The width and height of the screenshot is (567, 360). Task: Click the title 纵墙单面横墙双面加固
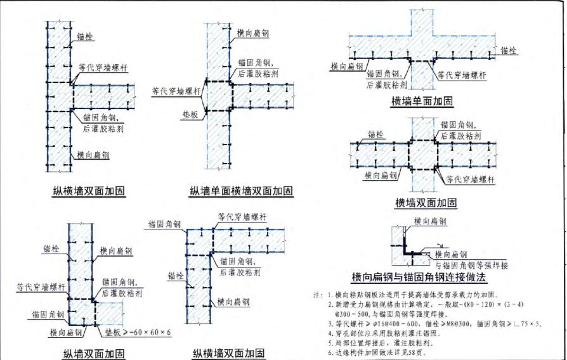(x=242, y=191)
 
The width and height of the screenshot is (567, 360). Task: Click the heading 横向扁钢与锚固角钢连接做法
(x=419, y=278)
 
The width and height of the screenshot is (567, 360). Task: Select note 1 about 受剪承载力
(x=419, y=295)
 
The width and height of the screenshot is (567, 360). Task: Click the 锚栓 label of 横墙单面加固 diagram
(x=509, y=49)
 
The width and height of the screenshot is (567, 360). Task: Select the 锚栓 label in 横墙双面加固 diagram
(x=375, y=134)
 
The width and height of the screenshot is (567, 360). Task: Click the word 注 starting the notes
(x=318, y=295)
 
